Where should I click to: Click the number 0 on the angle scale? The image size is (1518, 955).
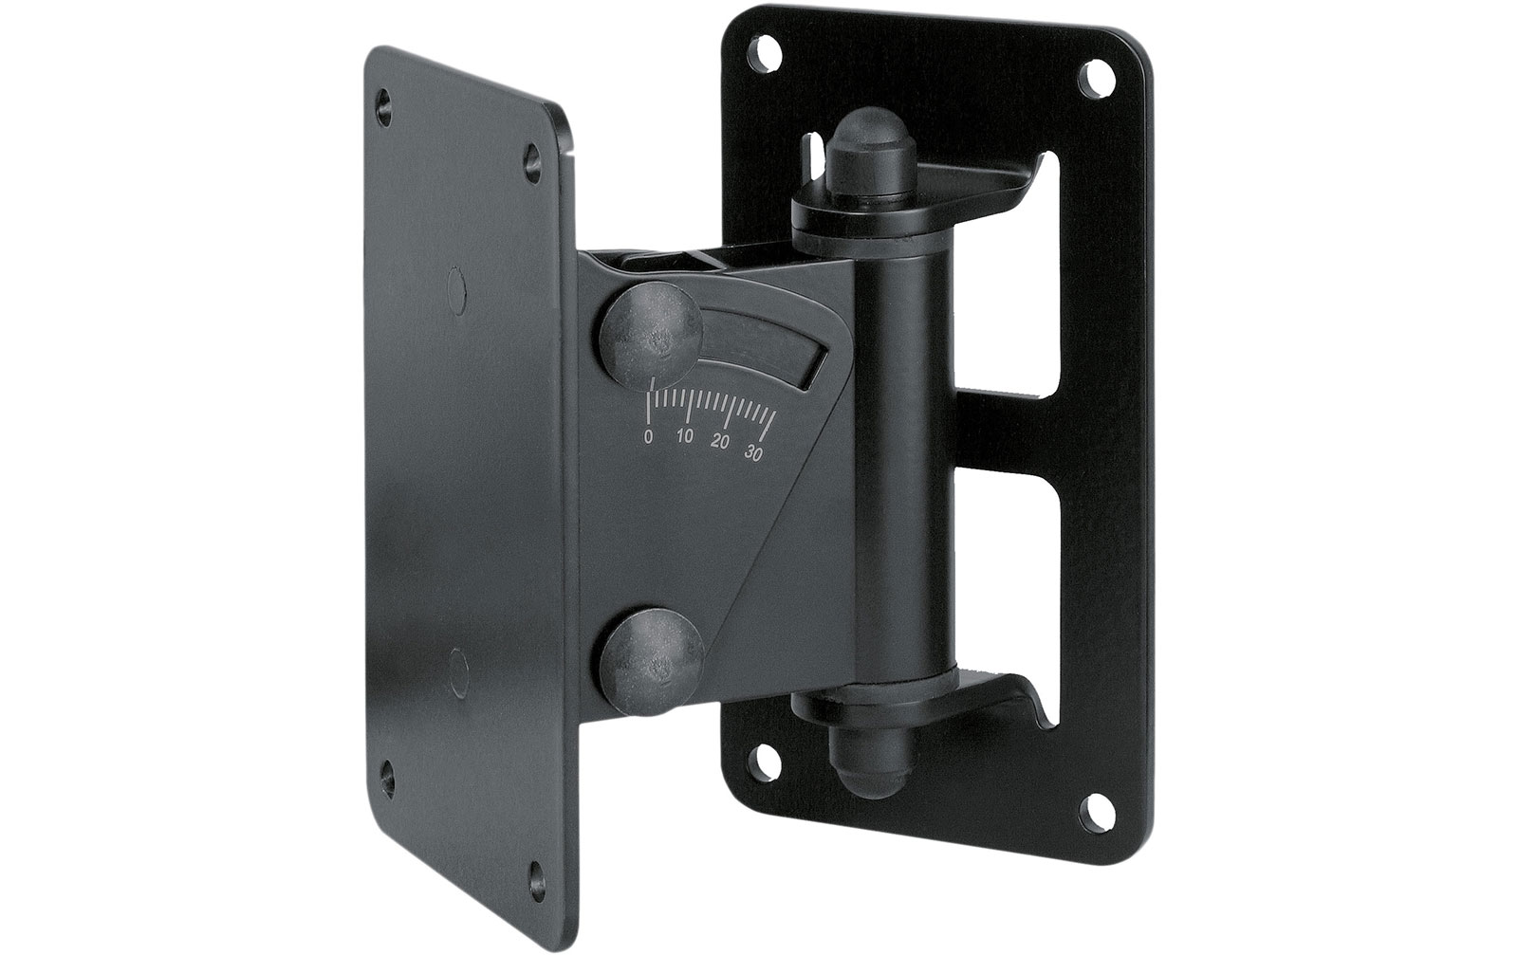pos(649,436)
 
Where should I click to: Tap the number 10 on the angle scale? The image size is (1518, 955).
pos(685,437)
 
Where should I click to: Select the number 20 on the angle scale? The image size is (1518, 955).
pos(720,442)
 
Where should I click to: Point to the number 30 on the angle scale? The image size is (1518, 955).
pos(752,452)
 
